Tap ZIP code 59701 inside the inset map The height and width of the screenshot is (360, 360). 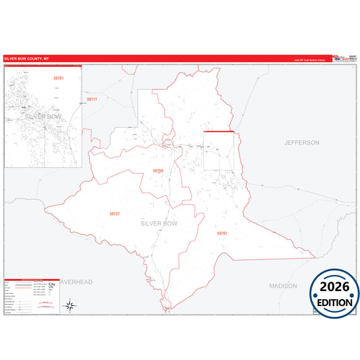[58, 79]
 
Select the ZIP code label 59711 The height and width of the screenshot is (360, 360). [93, 99]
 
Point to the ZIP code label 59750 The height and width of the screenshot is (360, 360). [158, 171]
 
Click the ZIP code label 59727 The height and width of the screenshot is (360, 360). [114, 213]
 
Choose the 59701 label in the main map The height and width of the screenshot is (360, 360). [222, 233]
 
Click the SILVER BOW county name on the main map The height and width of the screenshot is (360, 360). [159, 222]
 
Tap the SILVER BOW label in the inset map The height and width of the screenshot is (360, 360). [43, 116]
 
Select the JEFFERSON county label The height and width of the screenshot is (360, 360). [301, 143]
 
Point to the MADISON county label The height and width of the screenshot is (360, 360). [283, 286]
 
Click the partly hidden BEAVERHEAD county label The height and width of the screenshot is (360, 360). [76, 281]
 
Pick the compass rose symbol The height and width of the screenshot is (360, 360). [69, 306]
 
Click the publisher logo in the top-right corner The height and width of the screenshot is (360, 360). [345, 59]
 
